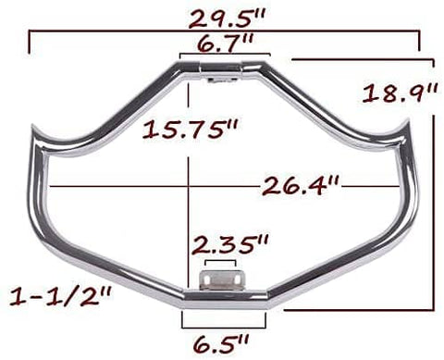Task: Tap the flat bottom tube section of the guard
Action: pyautogui.click(x=222, y=301)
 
